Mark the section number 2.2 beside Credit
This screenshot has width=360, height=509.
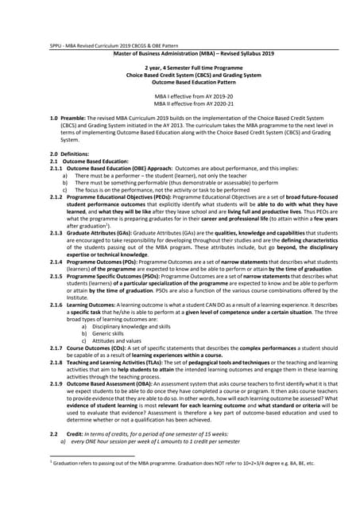click(54, 433)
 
